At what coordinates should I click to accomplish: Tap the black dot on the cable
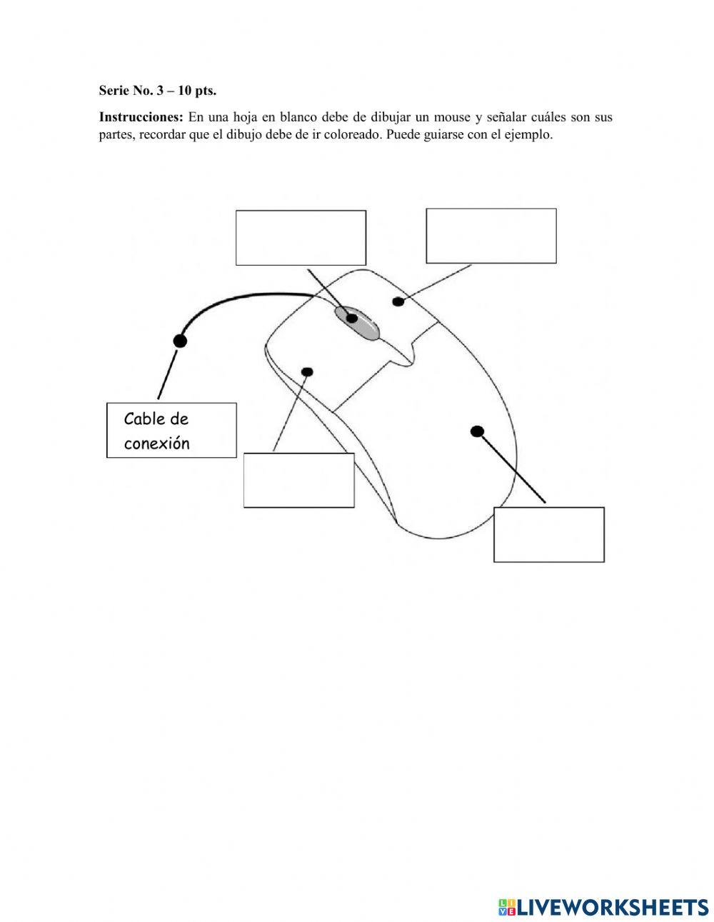click(x=180, y=341)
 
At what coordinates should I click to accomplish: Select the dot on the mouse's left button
click(x=308, y=371)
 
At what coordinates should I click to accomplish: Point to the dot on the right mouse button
click(x=398, y=301)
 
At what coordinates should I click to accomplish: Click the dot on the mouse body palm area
click(x=478, y=431)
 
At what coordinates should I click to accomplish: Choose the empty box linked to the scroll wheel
click(x=301, y=237)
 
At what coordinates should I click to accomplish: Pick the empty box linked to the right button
click(x=491, y=236)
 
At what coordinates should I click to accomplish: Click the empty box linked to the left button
click(x=298, y=480)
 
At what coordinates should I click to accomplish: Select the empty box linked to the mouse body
click(x=548, y=534)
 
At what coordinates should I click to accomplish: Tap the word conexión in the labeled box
click(x=157, y=444)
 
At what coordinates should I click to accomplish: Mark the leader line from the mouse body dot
click(x=511, y=466)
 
